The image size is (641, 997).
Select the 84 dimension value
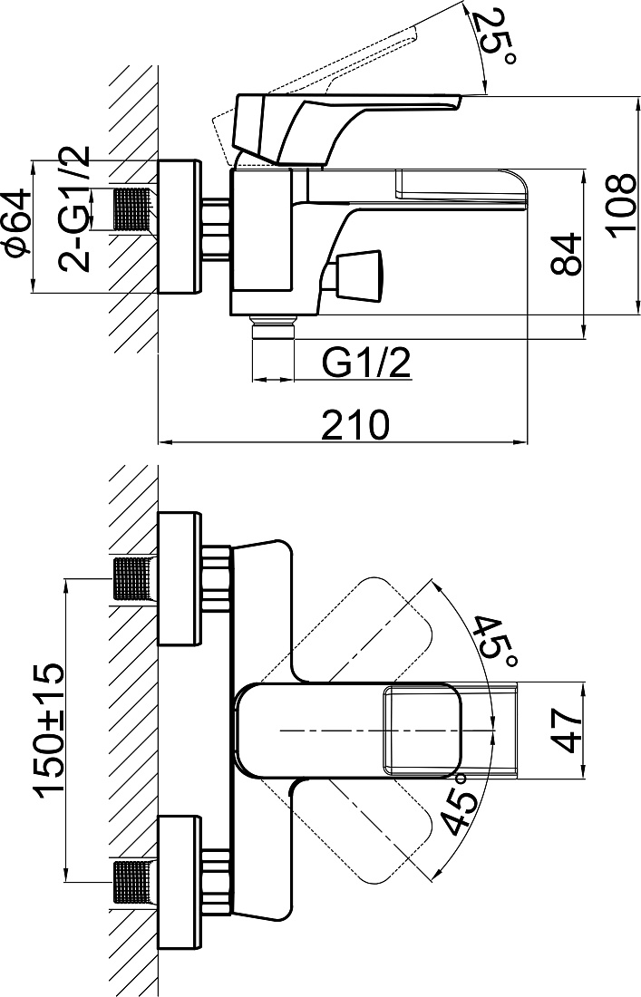pyautogui.click(x=566, y=254)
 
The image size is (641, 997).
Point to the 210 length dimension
pyautogui.click(x=354, y=425)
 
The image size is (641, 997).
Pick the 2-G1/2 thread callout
pyautogui.click(x=75, y=209)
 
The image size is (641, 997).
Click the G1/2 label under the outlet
pyautogui.click(x=365, y=363)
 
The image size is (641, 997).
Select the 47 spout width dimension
pyautogui.click(x=566, y=731)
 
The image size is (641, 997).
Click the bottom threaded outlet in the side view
pyautogui.click(x=274, y=329)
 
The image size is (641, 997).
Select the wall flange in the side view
pyautogui.click(x=179, y=227)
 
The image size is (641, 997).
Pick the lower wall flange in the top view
pyautogui.click(x=179, y=882)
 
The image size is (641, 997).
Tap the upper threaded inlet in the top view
pyautogui.click(x=133, y=578)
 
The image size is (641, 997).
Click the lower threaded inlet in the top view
pyautogui.click(x=133, y=883)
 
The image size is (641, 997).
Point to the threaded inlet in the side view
pyautogui.click(x=133, y=210)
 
